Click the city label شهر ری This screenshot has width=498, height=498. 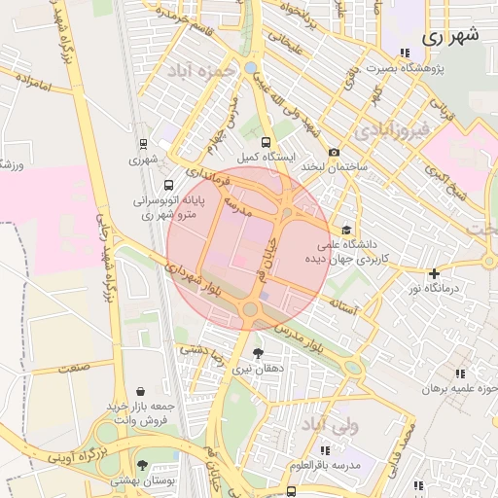tap(452, 36)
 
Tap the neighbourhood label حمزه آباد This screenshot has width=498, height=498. tap(201, 71)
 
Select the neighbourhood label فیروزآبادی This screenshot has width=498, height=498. tap(389, 128)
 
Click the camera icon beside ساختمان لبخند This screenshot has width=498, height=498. tap(334, 152)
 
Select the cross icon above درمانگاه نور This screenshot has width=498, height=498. tap(434, 273)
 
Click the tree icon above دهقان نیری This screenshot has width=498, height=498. tap(258, 353)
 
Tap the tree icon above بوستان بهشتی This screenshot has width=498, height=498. tap(143, 465)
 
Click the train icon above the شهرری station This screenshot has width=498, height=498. tap(144, 142)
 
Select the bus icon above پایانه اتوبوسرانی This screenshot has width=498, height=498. tap(169, 185)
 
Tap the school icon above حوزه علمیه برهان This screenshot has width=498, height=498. tap(460, 373)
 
